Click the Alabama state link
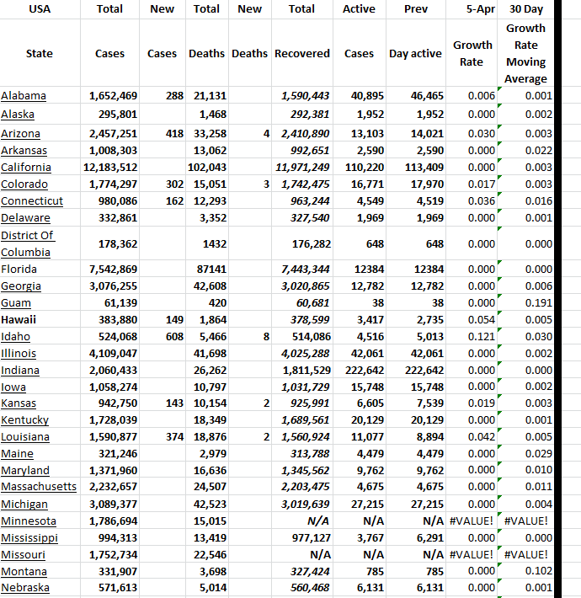coord(24,96)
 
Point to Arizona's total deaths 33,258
coord(209,134)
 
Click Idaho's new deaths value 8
coord(265,336)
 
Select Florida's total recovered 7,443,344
coord(303,269)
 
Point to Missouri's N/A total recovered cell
coord(319,555)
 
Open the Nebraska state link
coord(25,588)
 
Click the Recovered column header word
coord(302,53)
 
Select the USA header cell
coord(39,9)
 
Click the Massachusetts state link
coord(39,487)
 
